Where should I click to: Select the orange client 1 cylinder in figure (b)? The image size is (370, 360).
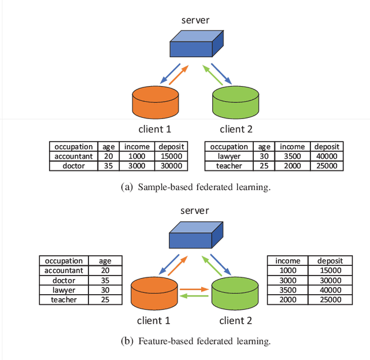pyautogui.click(x=154, y=294)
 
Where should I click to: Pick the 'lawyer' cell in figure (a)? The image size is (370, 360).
pyautogui.click(x=230, y=156)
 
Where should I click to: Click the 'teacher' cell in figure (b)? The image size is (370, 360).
pyautogui.click(x=64, y=300)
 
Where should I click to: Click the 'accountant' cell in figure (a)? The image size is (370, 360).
pyautogui.click(x=73, y=156)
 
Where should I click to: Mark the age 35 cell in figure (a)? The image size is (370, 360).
pyautogui.click(x=108, y=166)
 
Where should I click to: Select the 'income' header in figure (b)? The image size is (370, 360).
pyautogui.click(x=288, y=261)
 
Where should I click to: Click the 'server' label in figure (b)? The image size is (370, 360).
pyautogui.click(x=194, y=211)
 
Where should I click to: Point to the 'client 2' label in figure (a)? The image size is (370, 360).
pyautogui.click(x=236, y=129)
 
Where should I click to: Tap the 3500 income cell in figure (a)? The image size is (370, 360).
pyautogui.click(x=293, y=156)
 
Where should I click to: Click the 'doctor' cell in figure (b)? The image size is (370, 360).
pyautogui.click(x=64, y=280)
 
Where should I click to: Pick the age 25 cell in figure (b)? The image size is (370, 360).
pyautogui.click(x=105, y=300)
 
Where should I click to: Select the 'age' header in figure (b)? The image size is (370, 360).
pyautogui.click(x=105, y=261)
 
